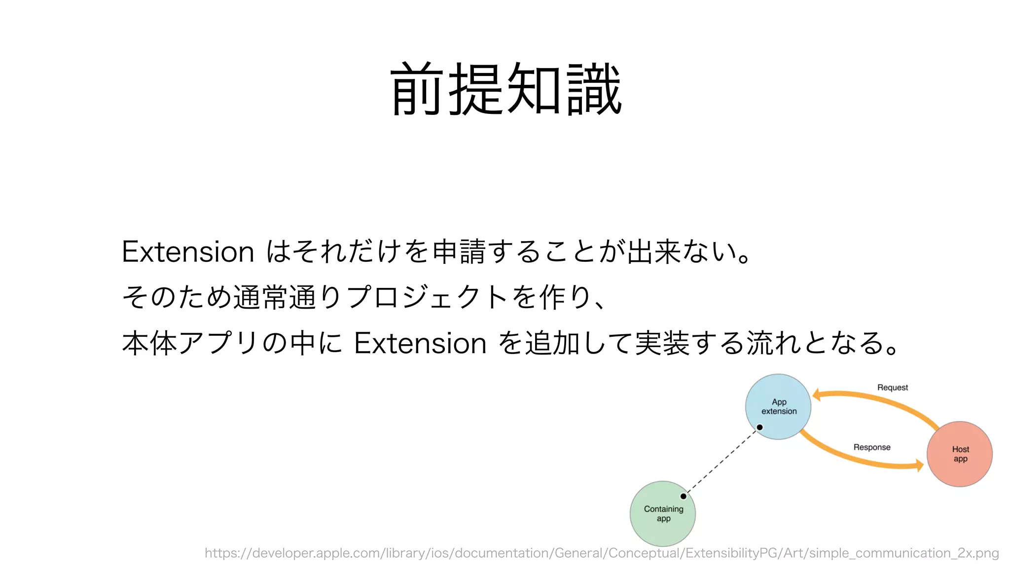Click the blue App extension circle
point(778,406)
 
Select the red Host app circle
point(960,454)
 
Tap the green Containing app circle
point(663,513)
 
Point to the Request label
point(892,388)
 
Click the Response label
point(872,447)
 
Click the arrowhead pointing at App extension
point(817,394)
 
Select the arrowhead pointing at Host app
point(919,465)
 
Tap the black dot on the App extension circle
point(760,427)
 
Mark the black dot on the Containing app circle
point(684,496)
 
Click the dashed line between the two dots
point(721,461)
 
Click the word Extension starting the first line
point(188,252)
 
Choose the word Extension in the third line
point(420,343)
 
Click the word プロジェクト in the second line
point(427,297)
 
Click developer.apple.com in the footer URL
point(316,553)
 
